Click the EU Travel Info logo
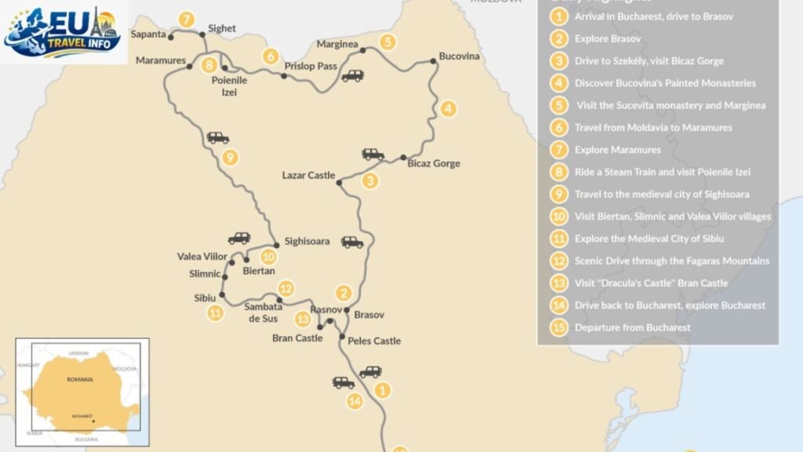tap(63, 31)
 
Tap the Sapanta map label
tap(149, 35)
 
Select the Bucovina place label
tap(459, 57)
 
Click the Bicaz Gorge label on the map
tap(434, 164)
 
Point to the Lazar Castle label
tap(308, 176)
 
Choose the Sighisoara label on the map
tap(307, 242)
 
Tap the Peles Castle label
tap(374, 341)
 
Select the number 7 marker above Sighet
tap(185, 18)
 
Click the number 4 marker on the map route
tap(448, 109)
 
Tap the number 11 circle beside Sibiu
tap(215, 313)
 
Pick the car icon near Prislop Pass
tap(352, 76)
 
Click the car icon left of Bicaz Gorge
tap(373, 155)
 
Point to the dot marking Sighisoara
tap(276, 245)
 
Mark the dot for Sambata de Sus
tap(279, 300)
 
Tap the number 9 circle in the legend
tap(558, 194)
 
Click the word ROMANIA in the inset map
tap(79, 380)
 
